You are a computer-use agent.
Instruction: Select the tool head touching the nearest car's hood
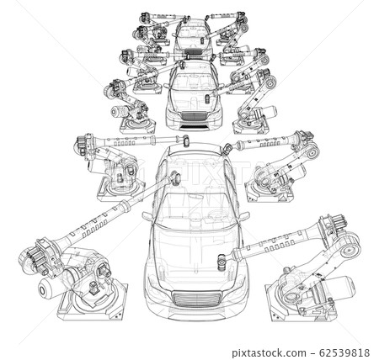tap(222, 262)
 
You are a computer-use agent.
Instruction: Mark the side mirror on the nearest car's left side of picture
tap(148, 217)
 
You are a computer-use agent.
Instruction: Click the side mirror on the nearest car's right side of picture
tap(244, 217)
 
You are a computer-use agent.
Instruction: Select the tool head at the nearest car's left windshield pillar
tap(175, 178)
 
